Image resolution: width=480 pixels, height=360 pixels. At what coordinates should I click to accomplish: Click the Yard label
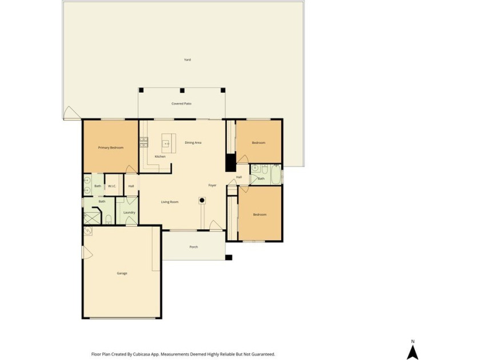(187, 59)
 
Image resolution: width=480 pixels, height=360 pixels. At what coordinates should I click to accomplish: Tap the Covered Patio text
(181, 104)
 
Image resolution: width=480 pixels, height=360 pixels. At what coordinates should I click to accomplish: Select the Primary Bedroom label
(110, 147)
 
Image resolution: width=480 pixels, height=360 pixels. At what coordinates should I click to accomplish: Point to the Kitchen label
(160, 157)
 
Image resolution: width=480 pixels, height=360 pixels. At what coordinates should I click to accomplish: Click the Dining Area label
(193, 143)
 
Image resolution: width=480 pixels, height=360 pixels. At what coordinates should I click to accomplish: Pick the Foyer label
(212, 185)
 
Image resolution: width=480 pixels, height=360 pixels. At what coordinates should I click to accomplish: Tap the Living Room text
(170, 202)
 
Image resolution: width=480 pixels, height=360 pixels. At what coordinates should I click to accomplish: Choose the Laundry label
(129, 213)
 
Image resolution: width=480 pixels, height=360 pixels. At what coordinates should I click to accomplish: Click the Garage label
(122, 273)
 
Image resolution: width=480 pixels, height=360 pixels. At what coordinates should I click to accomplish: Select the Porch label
(194, 247)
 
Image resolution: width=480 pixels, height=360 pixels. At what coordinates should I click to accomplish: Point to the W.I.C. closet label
(112, 186)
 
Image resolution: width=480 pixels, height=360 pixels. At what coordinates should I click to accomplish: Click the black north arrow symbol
(413, 352)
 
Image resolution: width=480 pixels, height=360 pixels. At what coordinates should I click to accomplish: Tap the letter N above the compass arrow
(413, 341)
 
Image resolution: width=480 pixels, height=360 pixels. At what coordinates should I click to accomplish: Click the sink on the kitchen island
(167, 143)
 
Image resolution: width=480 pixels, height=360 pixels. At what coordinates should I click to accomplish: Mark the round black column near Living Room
(202, 201)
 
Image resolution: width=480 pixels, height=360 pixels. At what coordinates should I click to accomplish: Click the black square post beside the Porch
(229, 258)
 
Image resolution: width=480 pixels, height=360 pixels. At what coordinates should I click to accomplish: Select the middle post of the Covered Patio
(182, 90)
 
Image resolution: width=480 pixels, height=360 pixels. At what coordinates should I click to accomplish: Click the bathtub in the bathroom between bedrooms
(276, 174)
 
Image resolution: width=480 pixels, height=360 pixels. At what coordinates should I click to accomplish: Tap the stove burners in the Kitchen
(144, 142)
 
